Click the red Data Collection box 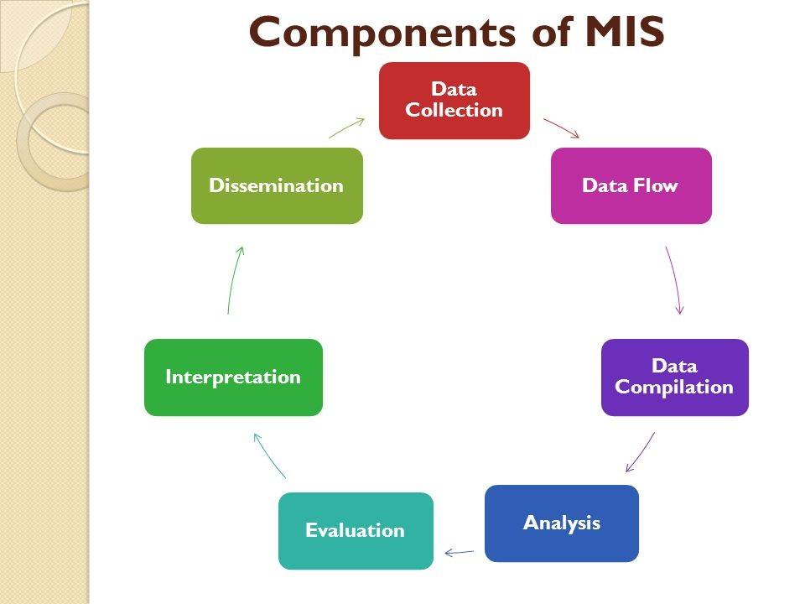pyautogui.click(x=454, y=100)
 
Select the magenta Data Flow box pyautogui.click(x=631, y=185)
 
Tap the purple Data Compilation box pyautogui.click(x=674, y=377)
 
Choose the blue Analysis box pyautogui.click(x=561, y=523)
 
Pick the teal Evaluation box pyautogui.click(x=356, y=530)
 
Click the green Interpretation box pyautogui.click(x=233, y=377)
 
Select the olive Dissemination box pyautogui.click(x=277, y=185)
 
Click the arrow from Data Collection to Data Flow pyautogui.click(x=561, y=128)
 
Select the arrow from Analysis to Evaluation pyautogui.click(x=460, y=552)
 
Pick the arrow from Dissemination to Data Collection pyautogui.click(x=346, y=128)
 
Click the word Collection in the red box pyautogui.click(x=454, y=110)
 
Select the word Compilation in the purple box pyautogui.click(x=674, y=387)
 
